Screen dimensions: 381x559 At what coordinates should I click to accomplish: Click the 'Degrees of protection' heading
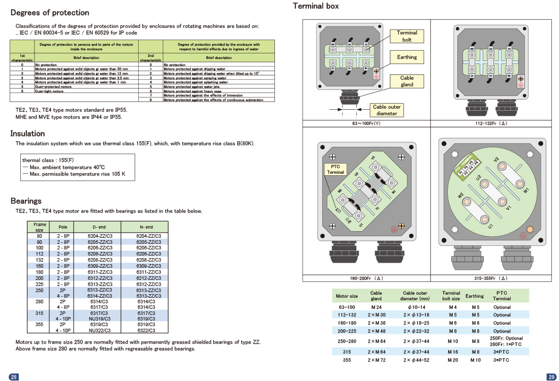pos(50,13)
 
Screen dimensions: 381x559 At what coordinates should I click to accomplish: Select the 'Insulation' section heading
pos(28,134)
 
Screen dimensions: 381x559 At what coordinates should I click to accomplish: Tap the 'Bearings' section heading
pos(26,201)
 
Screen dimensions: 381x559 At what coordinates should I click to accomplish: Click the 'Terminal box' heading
pos(316,6)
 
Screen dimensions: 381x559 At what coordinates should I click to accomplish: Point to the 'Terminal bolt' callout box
pos(407,36)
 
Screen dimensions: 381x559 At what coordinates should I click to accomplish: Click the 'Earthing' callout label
pos(407,57)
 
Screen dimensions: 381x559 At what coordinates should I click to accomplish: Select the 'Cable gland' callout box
pos(407,81)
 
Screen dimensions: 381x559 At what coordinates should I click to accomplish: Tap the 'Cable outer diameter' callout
pos(387,110)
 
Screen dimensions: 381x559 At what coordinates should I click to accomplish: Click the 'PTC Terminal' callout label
pos(335,169)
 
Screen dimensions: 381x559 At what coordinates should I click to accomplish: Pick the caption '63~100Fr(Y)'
pos(366,123)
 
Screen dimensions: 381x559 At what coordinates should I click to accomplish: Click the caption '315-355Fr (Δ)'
pos(491,278)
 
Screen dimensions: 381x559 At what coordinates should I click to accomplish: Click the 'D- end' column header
pos(99,227)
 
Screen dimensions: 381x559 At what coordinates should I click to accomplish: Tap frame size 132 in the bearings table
pos(39,260)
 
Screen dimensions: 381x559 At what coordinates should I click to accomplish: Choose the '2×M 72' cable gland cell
pos(376,360)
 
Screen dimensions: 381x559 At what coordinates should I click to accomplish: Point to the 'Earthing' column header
pos(475,296)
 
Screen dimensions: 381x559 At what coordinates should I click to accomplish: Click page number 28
pos(14,376)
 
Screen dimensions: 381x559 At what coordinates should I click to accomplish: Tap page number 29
pos(551,376)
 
